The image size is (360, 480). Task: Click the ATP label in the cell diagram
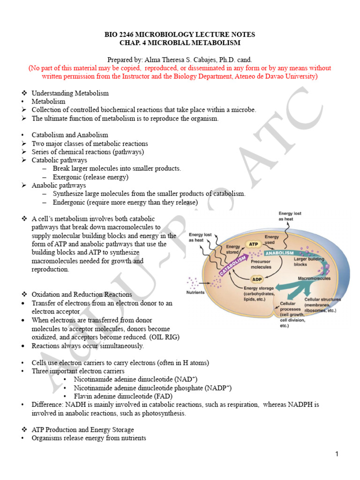click(253, 245)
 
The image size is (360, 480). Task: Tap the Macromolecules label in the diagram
click(314, 278)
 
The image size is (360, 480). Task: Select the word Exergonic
click(69, 177)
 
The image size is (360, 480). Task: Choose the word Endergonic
click(71, 202)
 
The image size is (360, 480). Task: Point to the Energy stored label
click(233, 249)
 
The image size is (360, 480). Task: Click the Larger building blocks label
click(307, 261)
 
